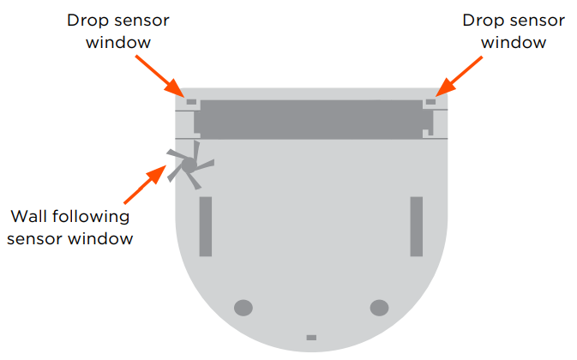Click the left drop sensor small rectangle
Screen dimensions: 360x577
tap(190, 101)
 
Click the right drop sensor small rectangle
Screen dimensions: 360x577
tap(430, 101)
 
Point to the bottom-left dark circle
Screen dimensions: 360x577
tap(243, 306)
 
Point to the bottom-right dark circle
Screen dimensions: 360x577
tap(378, 306)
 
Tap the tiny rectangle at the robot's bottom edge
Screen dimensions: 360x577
tap(311, 338)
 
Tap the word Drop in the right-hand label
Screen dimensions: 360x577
tap(484, 19)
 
